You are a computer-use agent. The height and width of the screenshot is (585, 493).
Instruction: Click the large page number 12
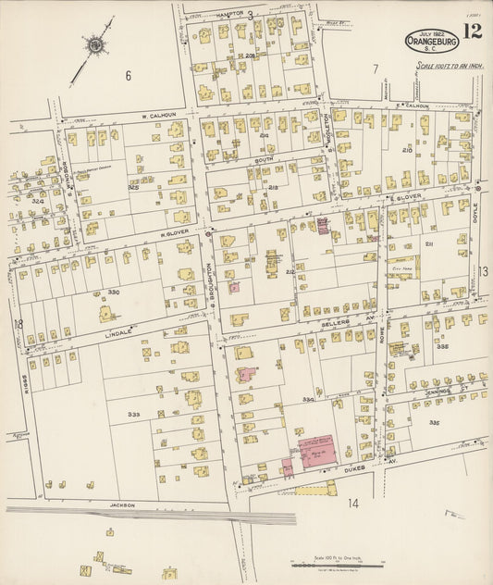point(472,33)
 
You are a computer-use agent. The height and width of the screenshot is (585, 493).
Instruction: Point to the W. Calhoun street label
point(158,116)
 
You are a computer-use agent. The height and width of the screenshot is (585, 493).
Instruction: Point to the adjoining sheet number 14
point(352,503)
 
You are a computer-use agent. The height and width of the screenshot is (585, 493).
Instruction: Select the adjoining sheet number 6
point(128,75)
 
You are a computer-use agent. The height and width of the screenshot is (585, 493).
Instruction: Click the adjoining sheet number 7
point(375,68)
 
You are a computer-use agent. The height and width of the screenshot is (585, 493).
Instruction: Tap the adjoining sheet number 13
point(483,271)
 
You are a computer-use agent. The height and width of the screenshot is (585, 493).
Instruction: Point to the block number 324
point(37,200)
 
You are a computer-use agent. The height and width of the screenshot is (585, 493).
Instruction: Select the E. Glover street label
point(404,197)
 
